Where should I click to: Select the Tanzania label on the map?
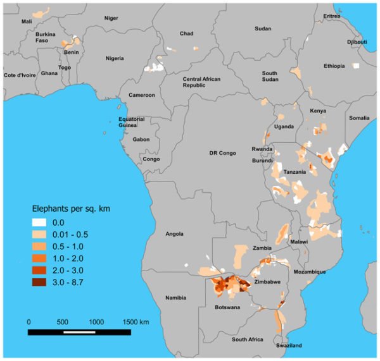[294, 172]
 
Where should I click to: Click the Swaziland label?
[289, 345]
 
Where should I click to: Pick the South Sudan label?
[270, 77]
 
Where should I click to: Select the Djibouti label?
[357, 42]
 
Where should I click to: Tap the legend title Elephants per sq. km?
[72, 208]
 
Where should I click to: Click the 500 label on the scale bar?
[64, 322]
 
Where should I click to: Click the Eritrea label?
[330, 16]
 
